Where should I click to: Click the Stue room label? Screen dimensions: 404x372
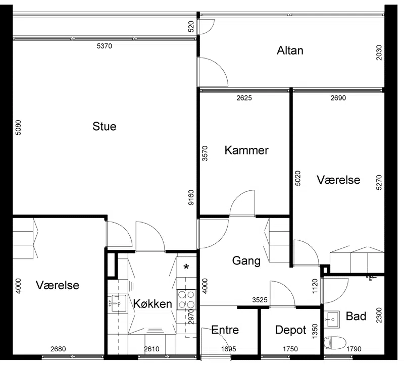click(105, 126)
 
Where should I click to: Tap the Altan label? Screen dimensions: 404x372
click(290, 50)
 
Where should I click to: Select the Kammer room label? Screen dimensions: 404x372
click(246, 150)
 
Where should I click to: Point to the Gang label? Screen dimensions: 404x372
click(246, 261)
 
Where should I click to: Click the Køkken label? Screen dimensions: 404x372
click(153, 304)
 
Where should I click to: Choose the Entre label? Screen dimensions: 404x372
click(225, 330)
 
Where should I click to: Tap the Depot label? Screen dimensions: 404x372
click(291, 330)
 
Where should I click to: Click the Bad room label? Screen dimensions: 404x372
click(356, 316)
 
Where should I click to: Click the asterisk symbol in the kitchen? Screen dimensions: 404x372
click(186, 267)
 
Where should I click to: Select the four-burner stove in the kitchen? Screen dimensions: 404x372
click(186, 299)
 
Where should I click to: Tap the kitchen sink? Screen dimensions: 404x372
click(117, 303)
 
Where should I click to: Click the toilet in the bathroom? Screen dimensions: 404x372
click(335, 343)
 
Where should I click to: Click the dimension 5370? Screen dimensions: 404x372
click(105, 46)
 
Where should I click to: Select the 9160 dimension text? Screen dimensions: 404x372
click(191, 197)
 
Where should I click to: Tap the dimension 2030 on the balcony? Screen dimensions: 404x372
click(379, 52)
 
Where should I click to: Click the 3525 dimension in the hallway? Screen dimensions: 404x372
click(260, 300)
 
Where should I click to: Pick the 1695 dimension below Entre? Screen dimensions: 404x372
click(229, 349)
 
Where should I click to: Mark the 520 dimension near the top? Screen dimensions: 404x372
click(191, 27)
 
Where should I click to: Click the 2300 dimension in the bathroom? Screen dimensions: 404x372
click(379, 315)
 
